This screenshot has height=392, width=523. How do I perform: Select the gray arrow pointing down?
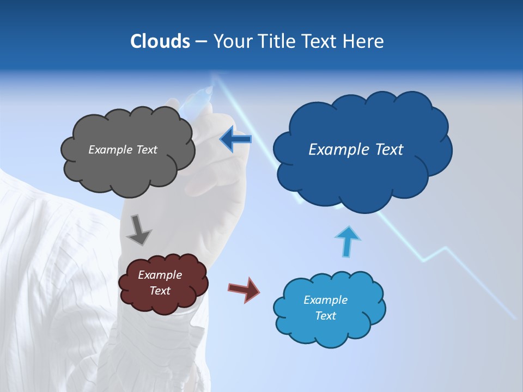click(139, 230)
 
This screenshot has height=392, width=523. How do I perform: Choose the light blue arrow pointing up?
click(347, 240)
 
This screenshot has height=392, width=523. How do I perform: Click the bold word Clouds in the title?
click(160, 41)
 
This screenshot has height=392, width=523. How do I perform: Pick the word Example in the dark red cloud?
click(160, 275)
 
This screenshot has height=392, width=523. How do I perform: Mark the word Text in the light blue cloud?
click(326, 316)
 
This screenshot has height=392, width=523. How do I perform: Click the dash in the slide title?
click(200, 41)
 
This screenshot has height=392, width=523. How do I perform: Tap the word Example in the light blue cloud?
click(326, 300)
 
